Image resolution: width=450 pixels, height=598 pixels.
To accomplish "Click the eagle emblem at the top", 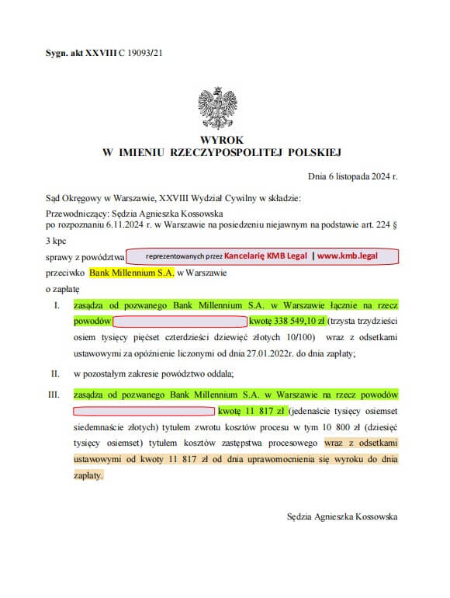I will (217, 106).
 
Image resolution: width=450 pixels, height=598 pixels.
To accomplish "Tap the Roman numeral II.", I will (54, 374).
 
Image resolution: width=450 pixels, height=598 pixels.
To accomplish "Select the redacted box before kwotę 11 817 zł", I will (144, 410).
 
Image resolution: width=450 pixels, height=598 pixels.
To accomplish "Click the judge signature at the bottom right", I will (341, 516).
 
